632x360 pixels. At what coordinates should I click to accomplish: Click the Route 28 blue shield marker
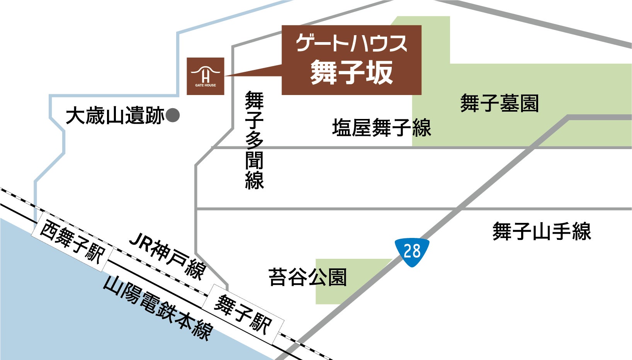[x=412, y=252]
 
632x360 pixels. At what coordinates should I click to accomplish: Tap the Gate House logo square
[x=206, y=76]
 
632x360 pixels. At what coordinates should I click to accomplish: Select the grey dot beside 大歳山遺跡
[x=173, y=115]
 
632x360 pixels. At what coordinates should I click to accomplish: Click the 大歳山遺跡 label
[x=115, y=116]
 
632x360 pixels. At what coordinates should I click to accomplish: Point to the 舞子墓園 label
[x=499, y=103]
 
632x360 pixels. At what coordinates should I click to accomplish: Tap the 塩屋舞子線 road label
[x=381, y=128]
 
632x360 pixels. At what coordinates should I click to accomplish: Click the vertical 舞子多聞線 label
[x=254, y=140]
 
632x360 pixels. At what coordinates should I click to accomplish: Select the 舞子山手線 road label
[x=542, y=232]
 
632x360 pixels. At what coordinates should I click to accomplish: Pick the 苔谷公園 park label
[x=308, y=277]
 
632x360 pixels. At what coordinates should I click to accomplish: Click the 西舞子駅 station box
[x=73, y=243]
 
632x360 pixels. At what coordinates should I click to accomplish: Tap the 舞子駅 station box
[x=243, y=314]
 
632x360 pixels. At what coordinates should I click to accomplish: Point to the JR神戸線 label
[x=167, y=255]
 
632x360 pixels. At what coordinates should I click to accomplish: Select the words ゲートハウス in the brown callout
[x=351, y=43]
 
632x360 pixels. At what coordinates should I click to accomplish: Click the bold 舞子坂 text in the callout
[x=351, y=72]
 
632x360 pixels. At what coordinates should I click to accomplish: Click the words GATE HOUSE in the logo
[x=206, y=85]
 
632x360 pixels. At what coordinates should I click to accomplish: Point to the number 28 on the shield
[x=412, y=251]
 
